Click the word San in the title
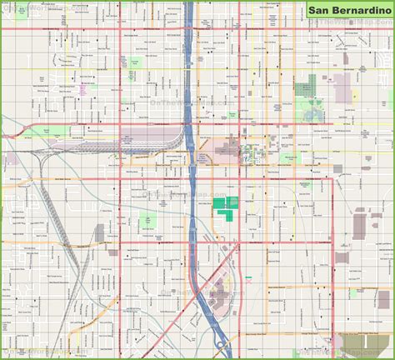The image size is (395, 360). click(322, 12)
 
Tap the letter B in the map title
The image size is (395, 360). click(337, 12)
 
